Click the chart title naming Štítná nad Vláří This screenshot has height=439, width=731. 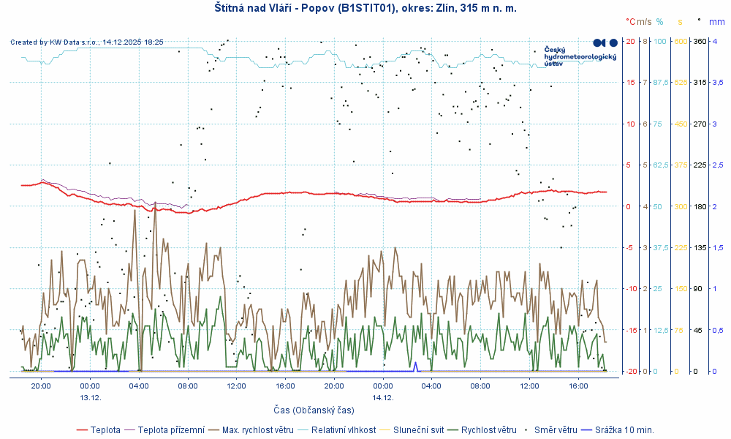pyautogui.click(x=365, y=8)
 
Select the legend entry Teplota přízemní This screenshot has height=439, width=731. pyautogui.click(x=171, y=429)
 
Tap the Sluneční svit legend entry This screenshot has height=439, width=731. pyautogui.click(x=418, y=429)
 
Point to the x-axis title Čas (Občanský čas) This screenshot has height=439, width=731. pyautogui.click(x=314, y=410)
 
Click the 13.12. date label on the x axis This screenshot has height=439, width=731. pyautogui.click(x=90, y=397)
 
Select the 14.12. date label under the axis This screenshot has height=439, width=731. pyautogui.click(x=383, y=397)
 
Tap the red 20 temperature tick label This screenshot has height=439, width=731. pyautogui.click(x=630, y=41)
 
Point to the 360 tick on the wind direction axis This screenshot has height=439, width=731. pyautogui.click(x=699, y=41)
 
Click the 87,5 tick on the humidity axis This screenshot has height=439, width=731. pyautogui.click(x=661, y=82)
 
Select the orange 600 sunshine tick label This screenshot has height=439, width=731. pyautogui.click(x=681, y=41)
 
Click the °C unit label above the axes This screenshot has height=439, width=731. pyautogui.click(x=631, y=22)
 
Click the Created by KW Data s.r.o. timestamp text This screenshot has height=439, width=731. pyautogui.click(x=87, y=42)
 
